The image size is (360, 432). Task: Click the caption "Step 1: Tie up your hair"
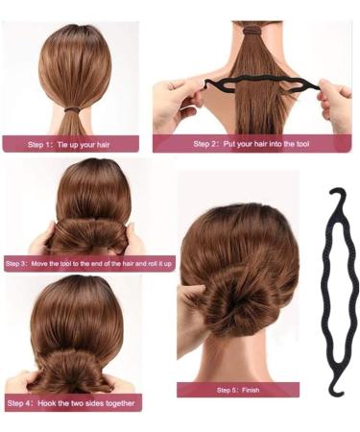[71, 144]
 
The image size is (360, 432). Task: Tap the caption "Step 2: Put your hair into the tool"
[252, 144]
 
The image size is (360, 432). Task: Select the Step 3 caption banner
[88, 262]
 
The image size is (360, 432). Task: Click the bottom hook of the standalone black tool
[335, 389]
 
